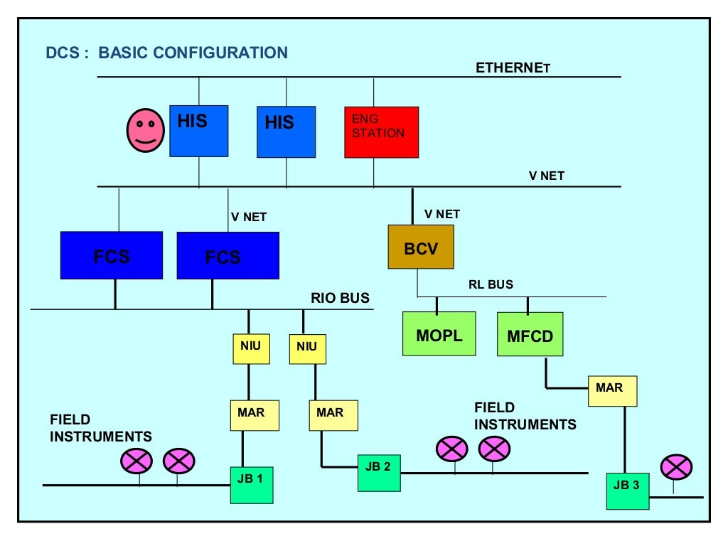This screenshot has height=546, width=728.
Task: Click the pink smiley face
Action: pyautogui.click(x=145, y=131)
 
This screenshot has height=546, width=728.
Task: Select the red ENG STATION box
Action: pyautogui.click(x=382, y=132)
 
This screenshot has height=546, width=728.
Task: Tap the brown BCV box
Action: pyautogui.click(x=421, y=247)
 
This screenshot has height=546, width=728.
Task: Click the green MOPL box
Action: pyautogui.click(x=439, y=334)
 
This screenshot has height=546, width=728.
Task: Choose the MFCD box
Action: pyautogui.click(x=530, y=334)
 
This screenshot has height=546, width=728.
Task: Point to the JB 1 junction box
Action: pyautogui.click(x=251, y=484)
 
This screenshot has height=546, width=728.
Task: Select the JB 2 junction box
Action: pyautogui.click(x=378, y=471)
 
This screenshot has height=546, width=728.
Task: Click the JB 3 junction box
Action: pyautogui.click(x=627, y=491)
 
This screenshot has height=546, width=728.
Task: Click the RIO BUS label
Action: pyautogui.click(x=340, y=298)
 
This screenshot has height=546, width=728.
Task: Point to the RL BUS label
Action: pyautogui.click(x=491, y=284)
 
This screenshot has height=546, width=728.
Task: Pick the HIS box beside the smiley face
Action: pyautogui.click(x=198, y=131)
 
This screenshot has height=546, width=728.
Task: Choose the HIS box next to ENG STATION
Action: pyautogui.click(x=286, y=132)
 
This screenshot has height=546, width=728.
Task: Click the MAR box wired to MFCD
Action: pyautogui.click(x=612, y=391)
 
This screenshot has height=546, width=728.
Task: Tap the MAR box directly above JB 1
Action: pyautogui.click(x=255, y=415)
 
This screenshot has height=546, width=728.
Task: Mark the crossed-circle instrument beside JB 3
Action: pyautogui.click(x=676, y=467)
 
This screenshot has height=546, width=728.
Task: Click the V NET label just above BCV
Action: pyautogui.click(x=441, y=214)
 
